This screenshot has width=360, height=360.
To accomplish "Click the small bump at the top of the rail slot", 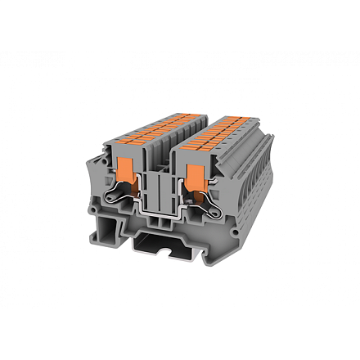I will tap(169, 235).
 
